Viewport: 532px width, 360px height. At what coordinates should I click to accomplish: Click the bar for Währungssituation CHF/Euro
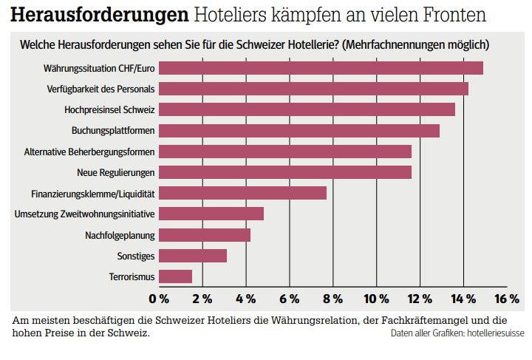tap(321, 68)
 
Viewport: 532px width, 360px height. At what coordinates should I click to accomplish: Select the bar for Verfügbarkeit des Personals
tap(313, 89)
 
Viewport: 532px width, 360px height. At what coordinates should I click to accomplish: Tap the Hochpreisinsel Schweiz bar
tap(307, 109)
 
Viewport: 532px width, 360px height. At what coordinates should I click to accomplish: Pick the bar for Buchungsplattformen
tap(299, 131)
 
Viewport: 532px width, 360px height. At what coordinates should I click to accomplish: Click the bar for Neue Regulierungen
tap(285, 172)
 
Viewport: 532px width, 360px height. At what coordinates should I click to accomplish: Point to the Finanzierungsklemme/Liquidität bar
tap(242, 193)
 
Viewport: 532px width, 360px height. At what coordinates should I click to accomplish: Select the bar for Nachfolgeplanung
tap(205, 235)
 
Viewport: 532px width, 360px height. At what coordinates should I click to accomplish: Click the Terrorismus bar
tap(176, 276)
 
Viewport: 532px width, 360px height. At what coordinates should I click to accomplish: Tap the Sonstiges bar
tap(193, 256)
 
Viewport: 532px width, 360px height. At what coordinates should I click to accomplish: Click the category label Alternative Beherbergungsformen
tap(89, 152)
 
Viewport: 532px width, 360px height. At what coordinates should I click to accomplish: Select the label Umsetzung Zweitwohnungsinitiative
tap(85, 214)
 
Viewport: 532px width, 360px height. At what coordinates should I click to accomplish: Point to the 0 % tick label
tap(159, 299)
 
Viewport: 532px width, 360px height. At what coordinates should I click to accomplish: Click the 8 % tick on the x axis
tap(332, 299)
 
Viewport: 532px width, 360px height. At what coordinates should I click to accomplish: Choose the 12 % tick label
tap(420, 299)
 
